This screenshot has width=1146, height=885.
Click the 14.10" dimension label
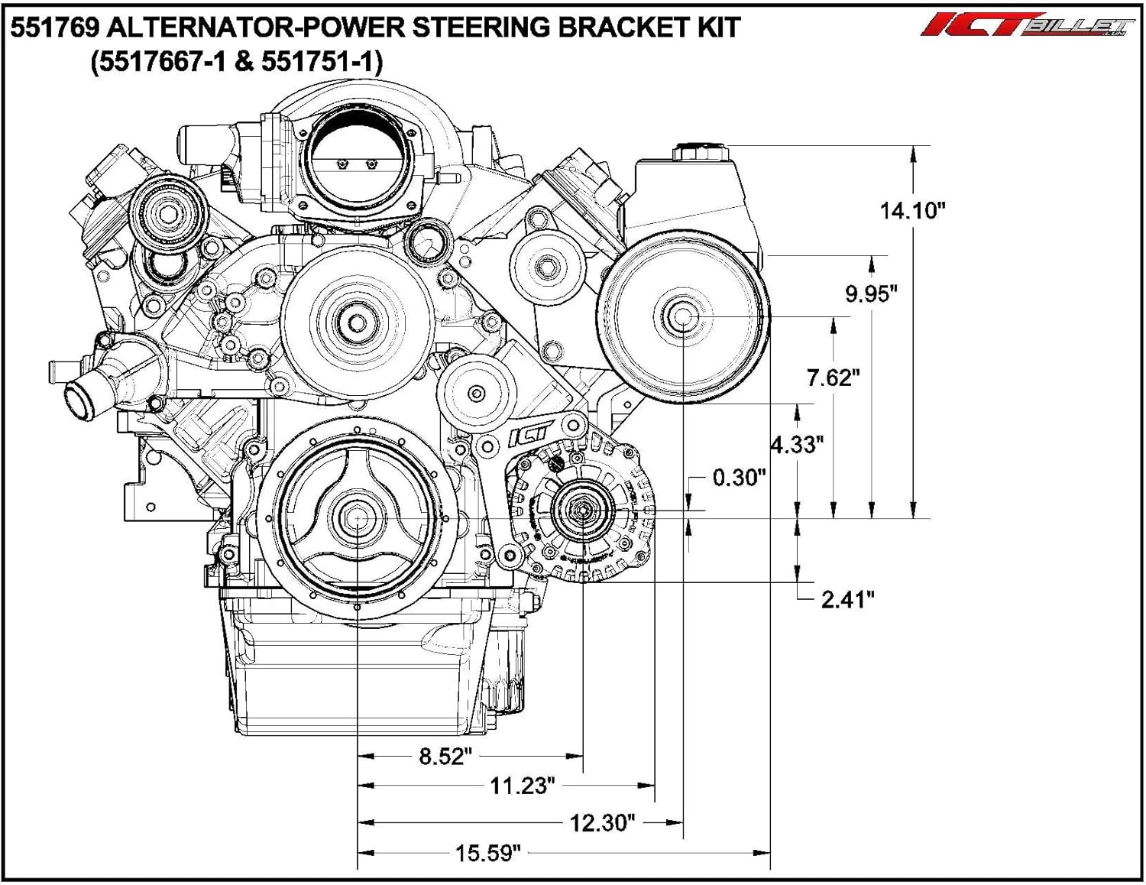[x=912, y=210]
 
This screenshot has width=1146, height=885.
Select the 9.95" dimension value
[x=871, y=293]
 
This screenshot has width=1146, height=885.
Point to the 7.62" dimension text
[x=834, y=378]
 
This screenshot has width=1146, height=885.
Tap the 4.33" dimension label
[x=797, y=444]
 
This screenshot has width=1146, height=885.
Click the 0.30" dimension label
[x=739, y=478]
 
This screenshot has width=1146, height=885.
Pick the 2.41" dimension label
[x=847, y=599]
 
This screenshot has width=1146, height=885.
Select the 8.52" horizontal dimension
[x=445, y=757]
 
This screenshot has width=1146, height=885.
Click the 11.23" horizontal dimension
[x=523, y=786]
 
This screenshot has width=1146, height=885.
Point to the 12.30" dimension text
[x=603, y=823]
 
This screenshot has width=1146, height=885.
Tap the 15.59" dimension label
[x=488, y=853]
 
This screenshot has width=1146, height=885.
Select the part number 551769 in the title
[x=53, y=28]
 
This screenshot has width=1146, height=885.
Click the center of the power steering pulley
[x=681, y=316]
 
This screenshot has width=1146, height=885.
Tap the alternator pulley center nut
[x=582, y=511]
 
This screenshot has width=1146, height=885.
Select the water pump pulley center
[x=357, y=321]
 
